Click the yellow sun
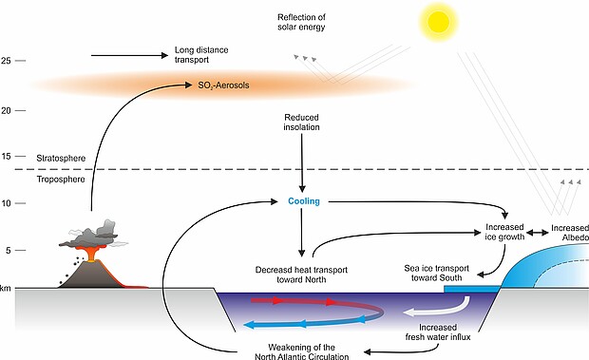pyautogui.click(x=439, y=21)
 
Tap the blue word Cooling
pyautogui.click(x=304, y=201)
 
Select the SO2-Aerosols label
pyautogui.click(x=223, y=85)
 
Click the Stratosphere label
pyautogui.click(x=61, y=159)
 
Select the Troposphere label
pyautogui.click(x=61, y=180)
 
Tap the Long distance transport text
pyautogui.click(x=201, y=55)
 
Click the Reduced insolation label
pyautogui.click(x=302, y=123)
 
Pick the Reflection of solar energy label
pyautogui.click(x=301, y=22)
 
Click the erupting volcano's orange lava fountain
pyautogui.click(x=90, y=253)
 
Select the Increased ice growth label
pyautogui.click(x=504, y=232)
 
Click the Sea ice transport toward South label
pyautogui.click(x=436, y=273)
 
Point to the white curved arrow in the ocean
pyautogui.click(x=440, y=308)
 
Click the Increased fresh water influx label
pyautogui.click(x=438, y=332)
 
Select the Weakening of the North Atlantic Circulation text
pyautogui.click(x=302, y=351)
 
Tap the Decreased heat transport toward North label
pyautogui.click(x=301, y=275)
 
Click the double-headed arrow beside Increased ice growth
pyautogui.click(x=538, y=233)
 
